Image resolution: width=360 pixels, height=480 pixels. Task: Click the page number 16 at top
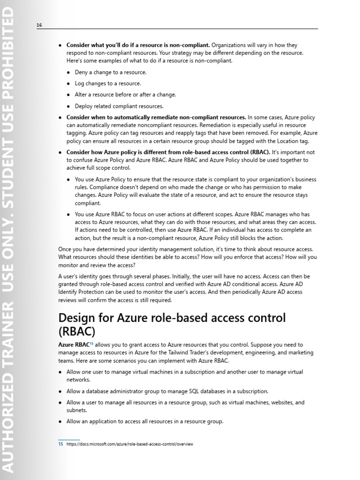(x=39, y=25)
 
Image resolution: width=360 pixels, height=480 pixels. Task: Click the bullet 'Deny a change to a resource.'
(x=111, y=72)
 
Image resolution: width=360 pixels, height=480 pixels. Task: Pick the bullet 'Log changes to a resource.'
(x=108, y=83)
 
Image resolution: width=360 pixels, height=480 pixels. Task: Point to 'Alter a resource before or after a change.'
(x=125, y=95)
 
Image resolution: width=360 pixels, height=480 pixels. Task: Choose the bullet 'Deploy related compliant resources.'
(x=119, y=106)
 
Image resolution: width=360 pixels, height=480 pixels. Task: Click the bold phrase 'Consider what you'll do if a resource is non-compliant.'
(x=138, y=45)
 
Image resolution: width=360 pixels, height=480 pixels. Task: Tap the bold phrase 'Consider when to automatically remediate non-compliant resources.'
(x=156, y=117)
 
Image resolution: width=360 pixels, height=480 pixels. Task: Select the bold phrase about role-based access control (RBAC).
(x=168, y=152)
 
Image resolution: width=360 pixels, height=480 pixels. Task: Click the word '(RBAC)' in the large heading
(x=77, y=331)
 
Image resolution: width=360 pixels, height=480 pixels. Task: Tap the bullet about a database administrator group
(x=167, y=391)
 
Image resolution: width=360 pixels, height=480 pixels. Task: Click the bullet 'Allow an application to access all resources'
(x=144, y=421)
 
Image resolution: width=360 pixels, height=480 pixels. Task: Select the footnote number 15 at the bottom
(x=60, y=444)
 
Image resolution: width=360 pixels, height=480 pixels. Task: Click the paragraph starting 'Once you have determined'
(x=187, y=257)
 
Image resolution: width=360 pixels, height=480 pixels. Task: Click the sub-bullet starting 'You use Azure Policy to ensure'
(x=195, y=191)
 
